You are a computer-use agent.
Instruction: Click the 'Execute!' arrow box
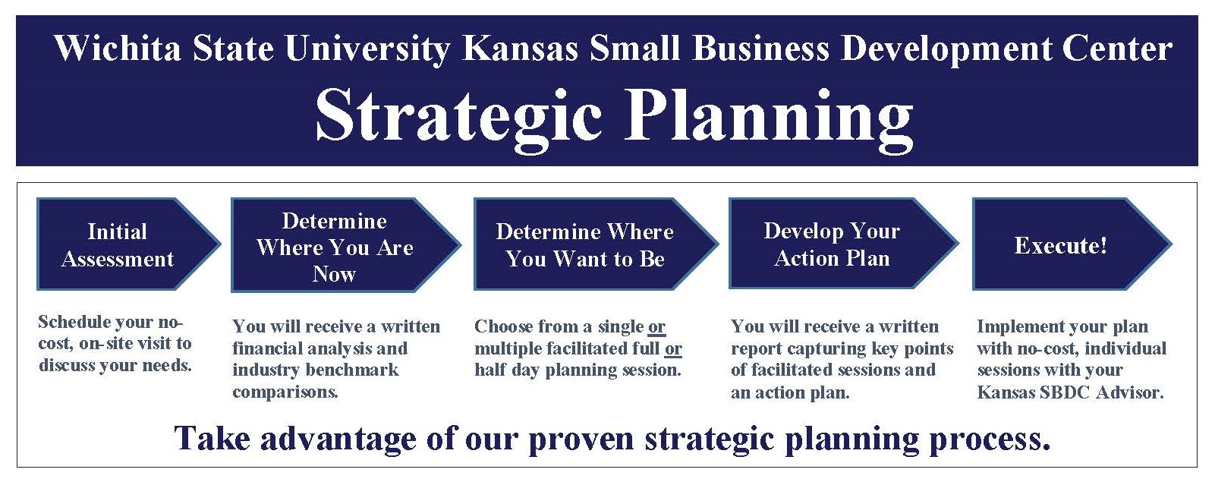1072,244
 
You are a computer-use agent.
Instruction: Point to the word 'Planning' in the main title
769,118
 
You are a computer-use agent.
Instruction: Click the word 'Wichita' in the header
117,49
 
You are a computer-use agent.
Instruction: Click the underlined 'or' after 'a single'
656,326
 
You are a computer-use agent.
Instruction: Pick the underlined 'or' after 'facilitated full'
673,348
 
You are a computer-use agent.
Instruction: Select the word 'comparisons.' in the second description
285,392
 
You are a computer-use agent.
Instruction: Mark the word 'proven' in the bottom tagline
581,439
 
